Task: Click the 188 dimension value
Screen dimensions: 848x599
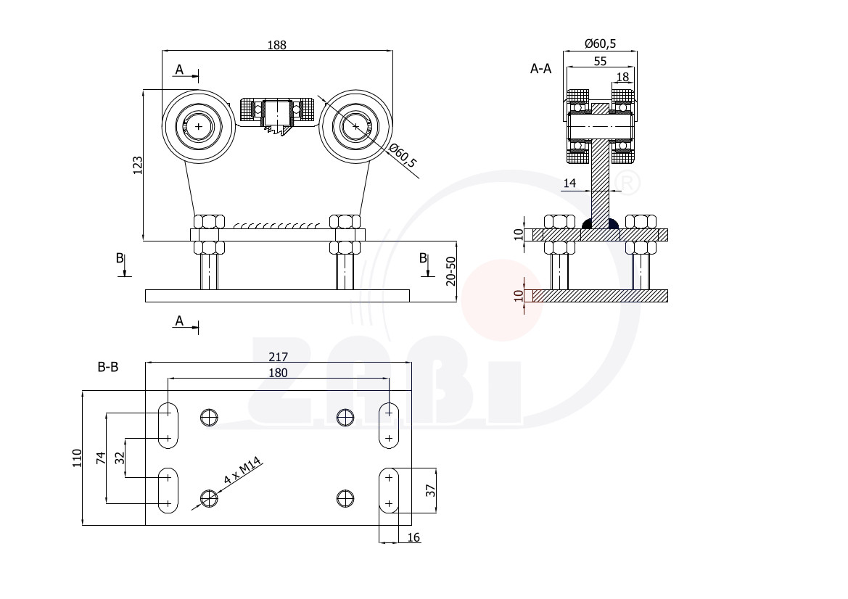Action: point(276,45)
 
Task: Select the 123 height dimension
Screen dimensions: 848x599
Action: point(138,165)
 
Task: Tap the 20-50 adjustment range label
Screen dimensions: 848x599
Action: point(450,271)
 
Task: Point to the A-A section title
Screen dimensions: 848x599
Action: point(541,69)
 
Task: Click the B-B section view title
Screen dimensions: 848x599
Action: point(107,367)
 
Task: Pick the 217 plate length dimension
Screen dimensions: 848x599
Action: point(278,357)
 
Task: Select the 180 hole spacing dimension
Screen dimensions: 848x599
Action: point(278,373)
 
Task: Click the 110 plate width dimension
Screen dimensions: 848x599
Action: point(78,458)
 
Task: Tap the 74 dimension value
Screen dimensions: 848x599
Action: point(101,458)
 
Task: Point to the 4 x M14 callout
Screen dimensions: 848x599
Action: point(243,471)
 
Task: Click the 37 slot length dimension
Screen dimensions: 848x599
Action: point(430,490)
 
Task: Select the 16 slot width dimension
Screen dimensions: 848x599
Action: point(413,537)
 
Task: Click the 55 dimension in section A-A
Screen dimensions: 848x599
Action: point(601,61)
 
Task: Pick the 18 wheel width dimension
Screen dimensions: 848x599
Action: point(623,77)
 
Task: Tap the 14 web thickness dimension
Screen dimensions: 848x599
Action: point(569,183)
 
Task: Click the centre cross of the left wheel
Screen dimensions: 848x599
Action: point(199,126)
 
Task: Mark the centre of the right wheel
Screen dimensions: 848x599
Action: point(355,126)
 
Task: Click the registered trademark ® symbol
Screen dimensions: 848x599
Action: point(627,183)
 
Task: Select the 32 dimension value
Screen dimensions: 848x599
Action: point(120,458)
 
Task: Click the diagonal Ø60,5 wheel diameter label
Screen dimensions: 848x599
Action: point(403,156)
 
